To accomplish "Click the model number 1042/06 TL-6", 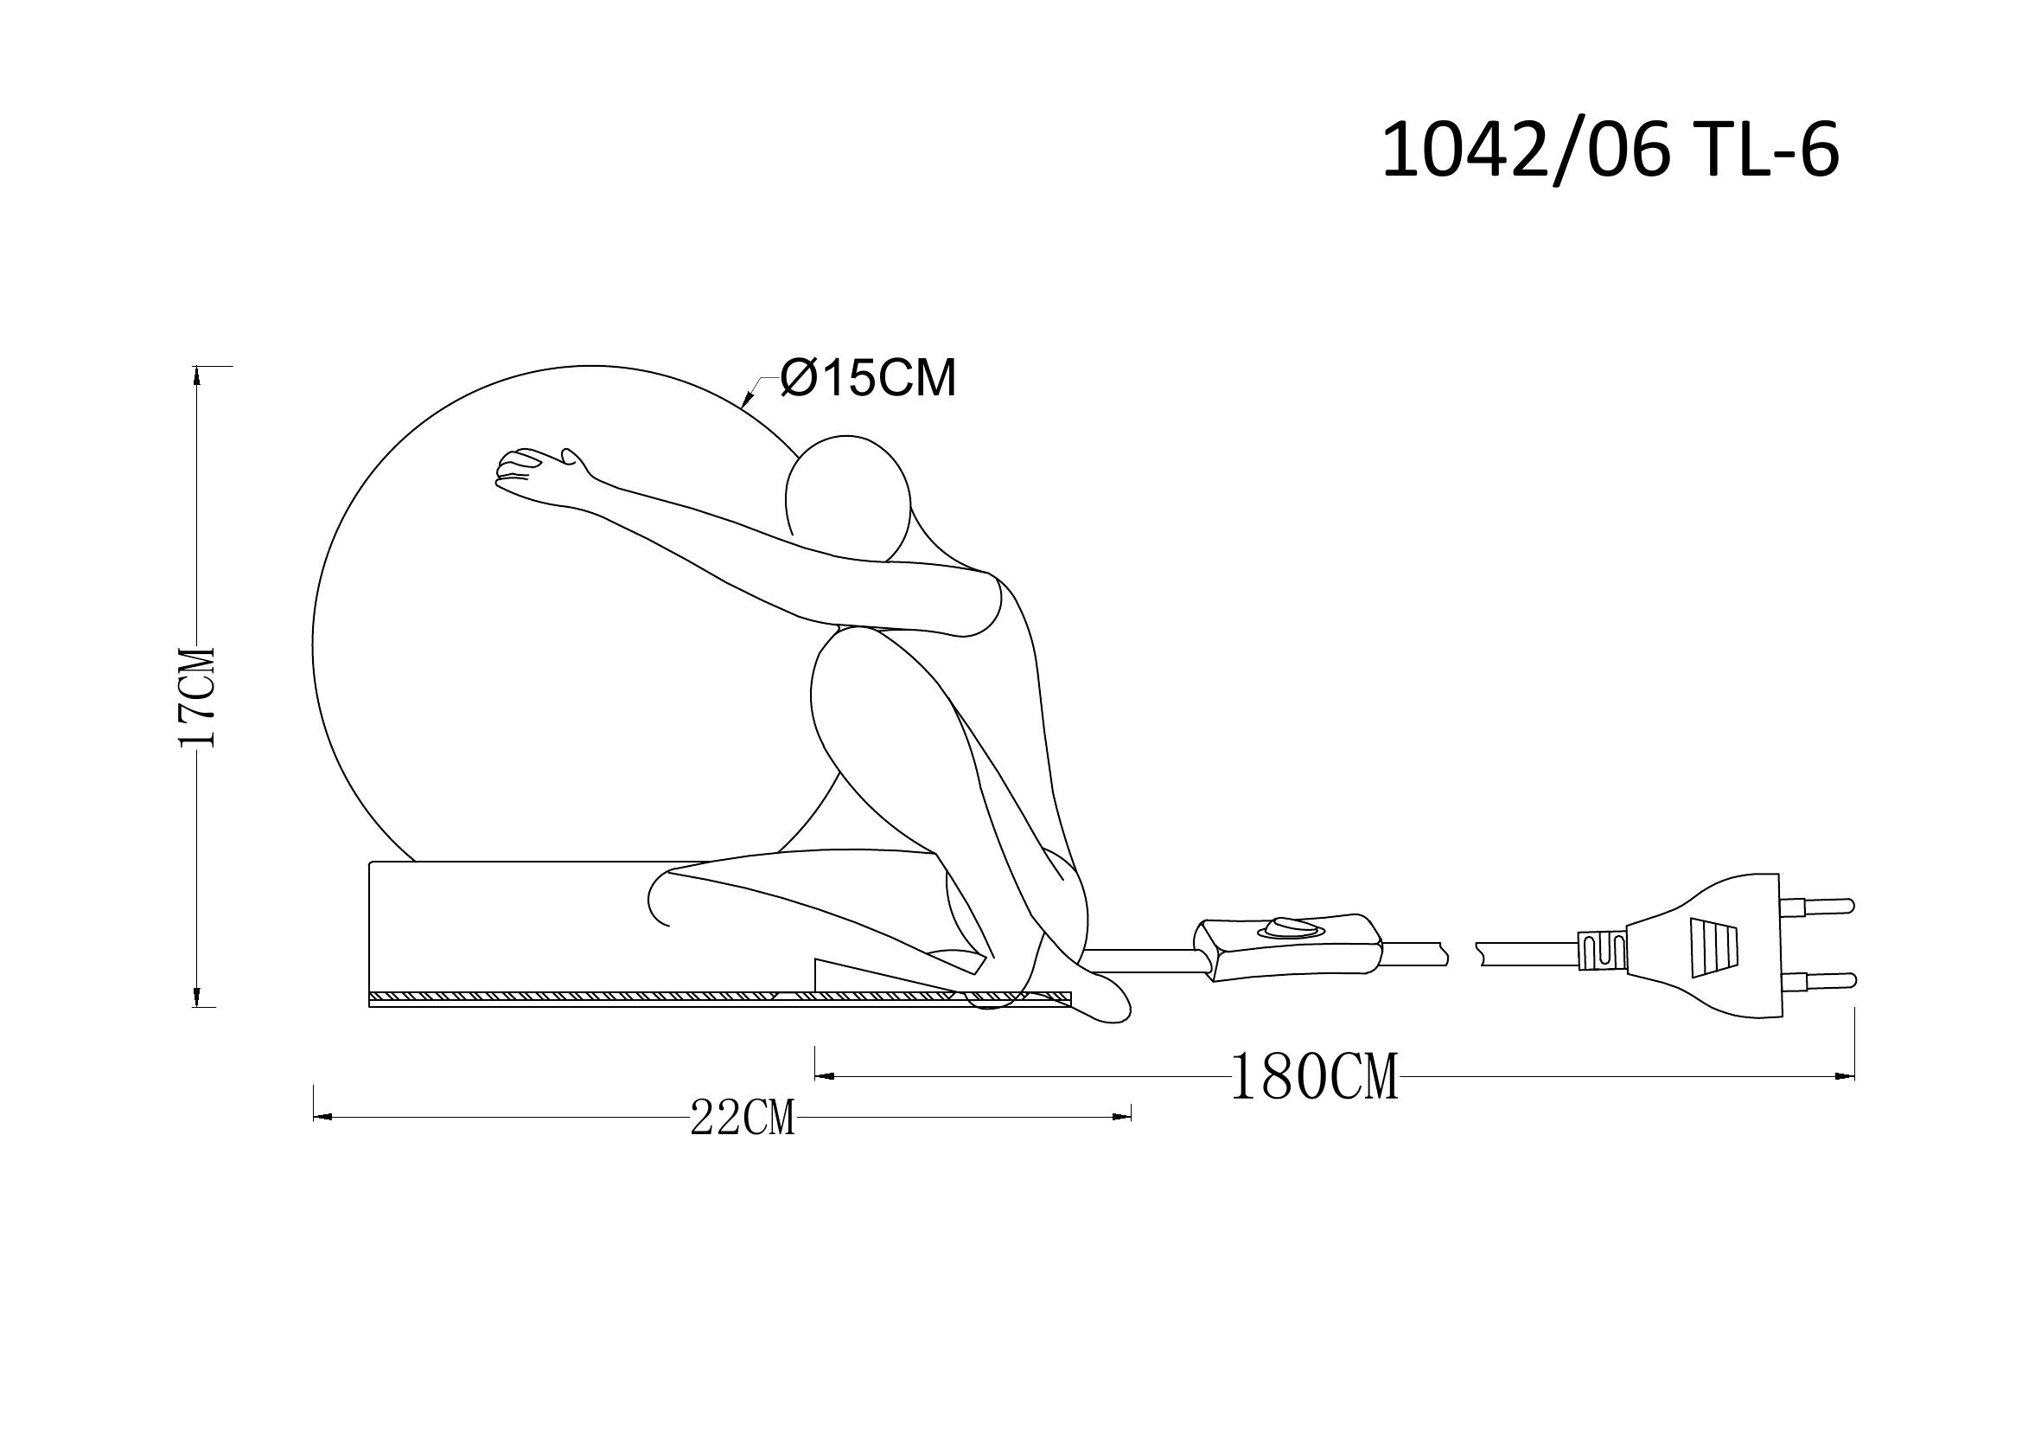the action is (1610, 151).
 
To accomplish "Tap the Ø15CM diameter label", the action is (868, 380).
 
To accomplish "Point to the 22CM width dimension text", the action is (743, 1118).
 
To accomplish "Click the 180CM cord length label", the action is (1314, 1076).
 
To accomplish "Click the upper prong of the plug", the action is (1817, 906).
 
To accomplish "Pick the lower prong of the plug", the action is (1818, 980).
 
